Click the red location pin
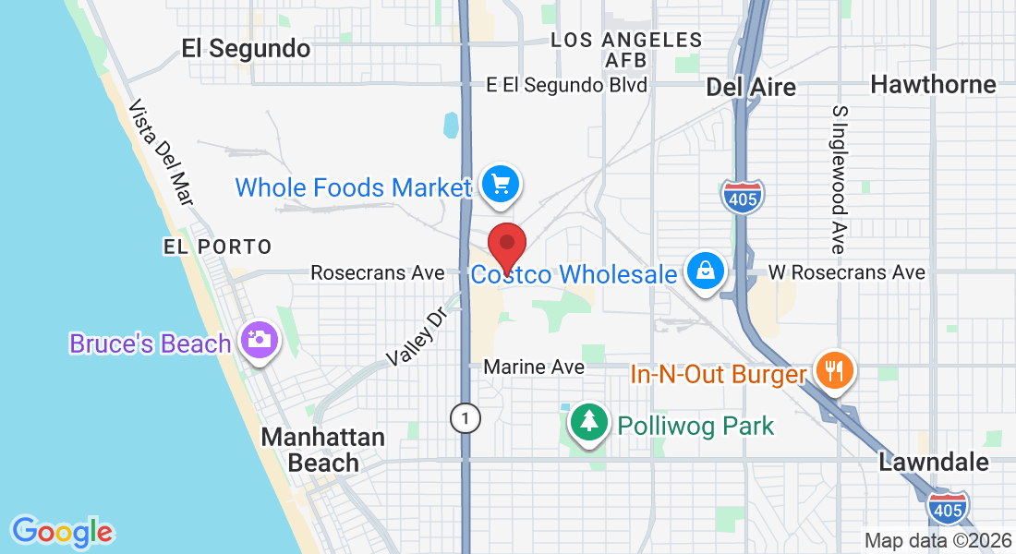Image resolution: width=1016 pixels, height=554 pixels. (x=506, y=246)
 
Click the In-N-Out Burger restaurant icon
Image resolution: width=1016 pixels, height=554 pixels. (x=835, y=371)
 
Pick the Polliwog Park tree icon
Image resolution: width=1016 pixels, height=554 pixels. (x=588, y=423)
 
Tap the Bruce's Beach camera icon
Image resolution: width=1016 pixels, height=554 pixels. (x=260, y=340)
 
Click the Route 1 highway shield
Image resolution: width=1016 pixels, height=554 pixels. (x=466, y=419)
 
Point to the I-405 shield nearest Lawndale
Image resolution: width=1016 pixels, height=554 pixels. (x=949, y=506)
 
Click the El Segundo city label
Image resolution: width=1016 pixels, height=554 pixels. (x=246, y=49)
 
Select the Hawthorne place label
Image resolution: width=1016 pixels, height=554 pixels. (x=933, y=85)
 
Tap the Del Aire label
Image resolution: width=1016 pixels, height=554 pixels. (x=750, y=88)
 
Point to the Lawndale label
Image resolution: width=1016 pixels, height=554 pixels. (x=934, y=462)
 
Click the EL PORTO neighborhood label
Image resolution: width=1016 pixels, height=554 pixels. (x=218, y=247)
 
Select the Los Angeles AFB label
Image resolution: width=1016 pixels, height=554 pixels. (x=626, y=50)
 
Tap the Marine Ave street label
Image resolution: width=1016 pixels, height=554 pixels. (x=534, y=367)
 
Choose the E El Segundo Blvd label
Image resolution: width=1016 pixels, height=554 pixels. (x=567, y=85)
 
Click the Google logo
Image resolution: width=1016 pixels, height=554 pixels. (x=62, y=532)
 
